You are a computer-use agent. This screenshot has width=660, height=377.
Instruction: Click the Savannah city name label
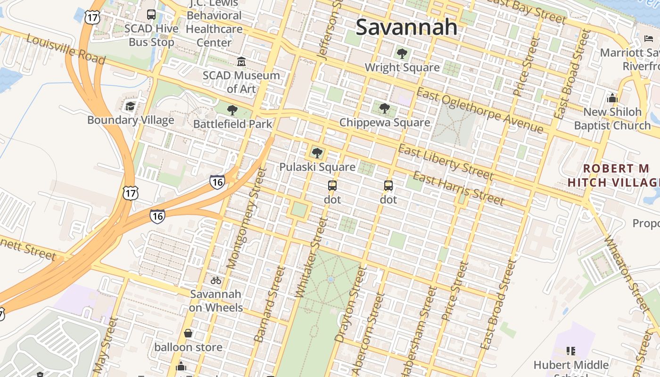pyautogui.click(x=406, y=27)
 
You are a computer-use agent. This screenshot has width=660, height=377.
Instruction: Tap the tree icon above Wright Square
pyautogui.click(x=402, y=54)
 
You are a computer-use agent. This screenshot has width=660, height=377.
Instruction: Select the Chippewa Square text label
pyautogui.click(x=385, y=123)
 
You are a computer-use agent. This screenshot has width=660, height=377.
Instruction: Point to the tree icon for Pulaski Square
pyautogui.click(x=317, y=153)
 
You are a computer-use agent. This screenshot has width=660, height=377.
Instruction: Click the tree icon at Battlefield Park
pyautogui.click(x=232, y=110)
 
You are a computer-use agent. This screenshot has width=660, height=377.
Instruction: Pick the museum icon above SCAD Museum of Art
pyautogui.click(x=241, y=61)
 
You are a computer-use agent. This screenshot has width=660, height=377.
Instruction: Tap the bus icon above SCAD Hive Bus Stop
pyautogui.click(x=151, y=15)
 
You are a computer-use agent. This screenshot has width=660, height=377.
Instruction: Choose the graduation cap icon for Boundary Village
pyautogui.click(x=131, y=106)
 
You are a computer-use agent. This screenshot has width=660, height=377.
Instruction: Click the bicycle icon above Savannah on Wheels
pyautogui.click(x=216, y=280)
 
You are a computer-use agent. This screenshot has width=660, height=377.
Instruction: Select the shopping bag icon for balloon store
pyautogui.click(x=188, y=334)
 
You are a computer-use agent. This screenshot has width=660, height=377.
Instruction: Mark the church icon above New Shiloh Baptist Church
pyautogui.click(x=612, y=98)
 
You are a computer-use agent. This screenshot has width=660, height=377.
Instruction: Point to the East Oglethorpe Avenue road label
pyautogui.click(x=480, y=111)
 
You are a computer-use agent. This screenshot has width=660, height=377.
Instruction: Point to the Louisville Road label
pyautogui.click(x=66, y=49)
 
